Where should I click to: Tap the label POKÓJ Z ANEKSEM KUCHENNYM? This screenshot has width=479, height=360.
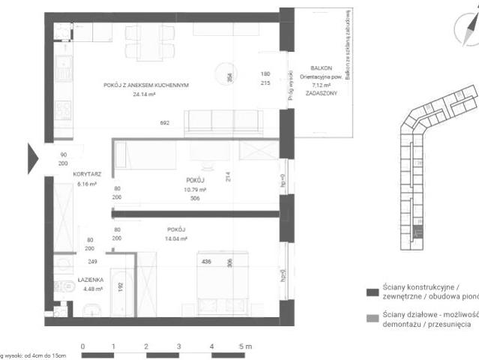145,85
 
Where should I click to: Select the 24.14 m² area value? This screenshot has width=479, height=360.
143,95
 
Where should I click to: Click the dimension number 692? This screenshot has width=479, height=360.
165,123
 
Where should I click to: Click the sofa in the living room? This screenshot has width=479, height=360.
223,122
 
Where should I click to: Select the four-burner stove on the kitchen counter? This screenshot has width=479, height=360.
65,109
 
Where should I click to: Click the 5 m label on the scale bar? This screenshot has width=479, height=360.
245,346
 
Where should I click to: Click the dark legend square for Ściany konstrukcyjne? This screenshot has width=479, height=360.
370,292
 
